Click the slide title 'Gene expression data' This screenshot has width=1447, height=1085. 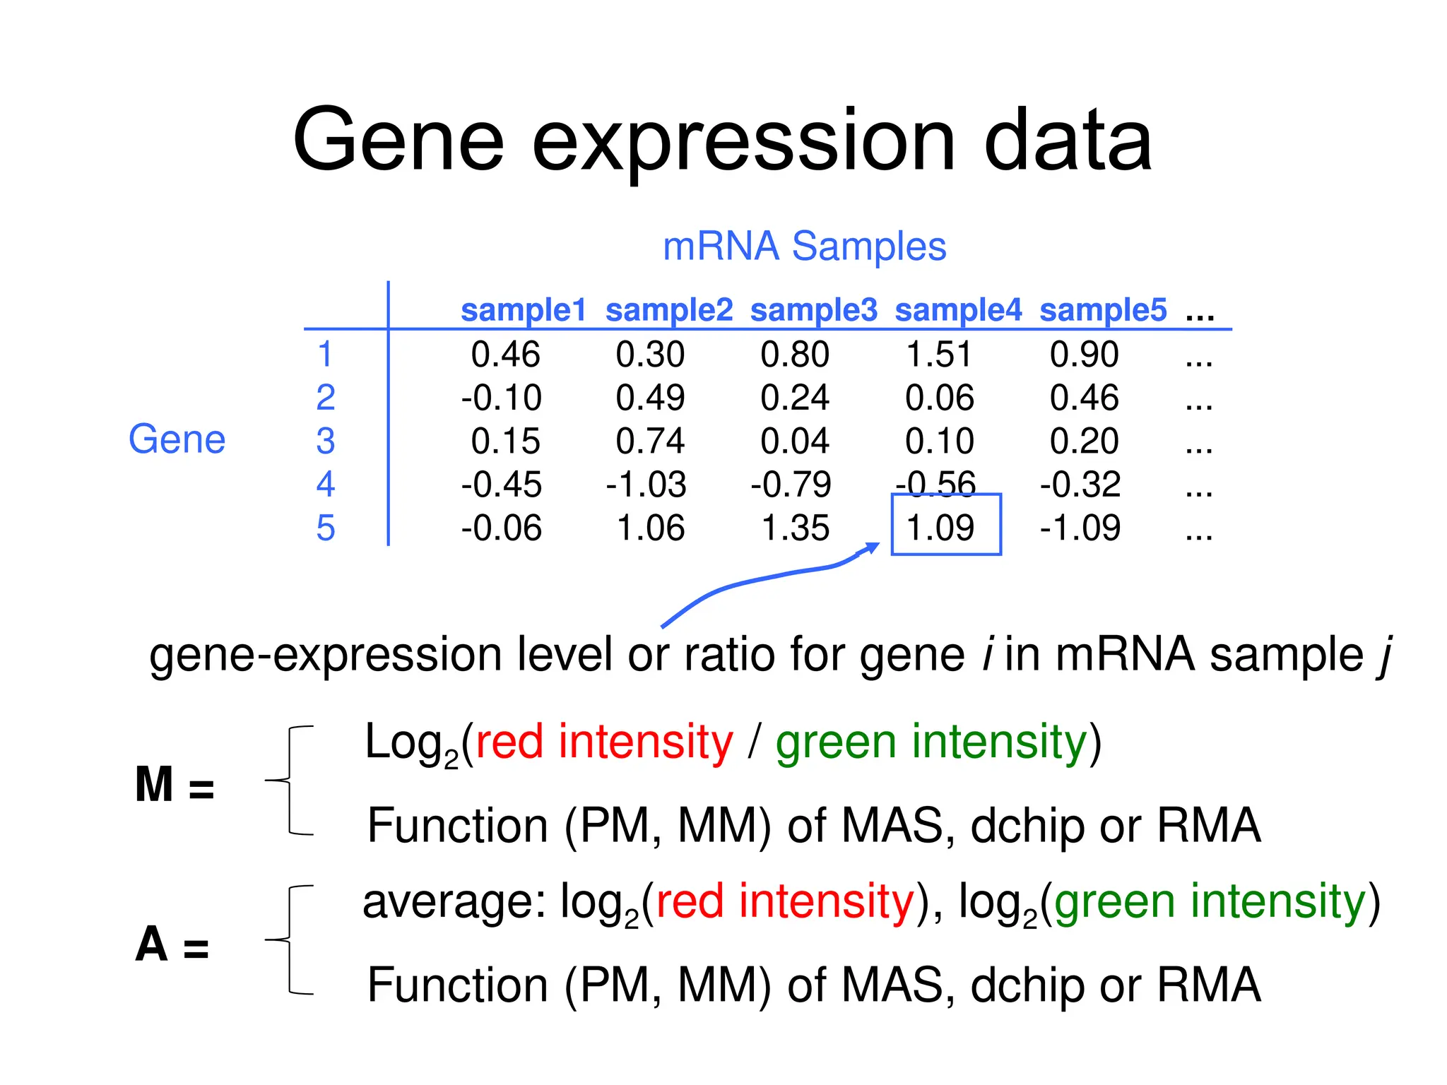click(722, 141)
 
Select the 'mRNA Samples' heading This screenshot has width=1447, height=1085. click(804, 247)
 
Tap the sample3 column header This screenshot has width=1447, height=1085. click(813, 311)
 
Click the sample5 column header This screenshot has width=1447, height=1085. click(1102, 311)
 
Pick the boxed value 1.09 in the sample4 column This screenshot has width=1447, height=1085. click(940, 528)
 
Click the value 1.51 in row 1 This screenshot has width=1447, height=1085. click(939, 355)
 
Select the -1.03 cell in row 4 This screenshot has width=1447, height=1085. click(646, 485)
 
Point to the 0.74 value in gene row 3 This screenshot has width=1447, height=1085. click(650, 441)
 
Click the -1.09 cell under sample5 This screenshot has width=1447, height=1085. click(1080, 528)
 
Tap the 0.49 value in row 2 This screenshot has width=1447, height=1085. click(650, 398)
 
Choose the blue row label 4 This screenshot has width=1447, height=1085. click(325, 485)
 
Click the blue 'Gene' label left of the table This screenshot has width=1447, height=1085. click(177, 439)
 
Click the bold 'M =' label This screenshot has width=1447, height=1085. click(174, 785)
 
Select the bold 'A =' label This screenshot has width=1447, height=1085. click(172, 945)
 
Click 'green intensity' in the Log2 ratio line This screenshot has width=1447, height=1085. click(931, 743)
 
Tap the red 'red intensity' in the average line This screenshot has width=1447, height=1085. click(784, 902)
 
